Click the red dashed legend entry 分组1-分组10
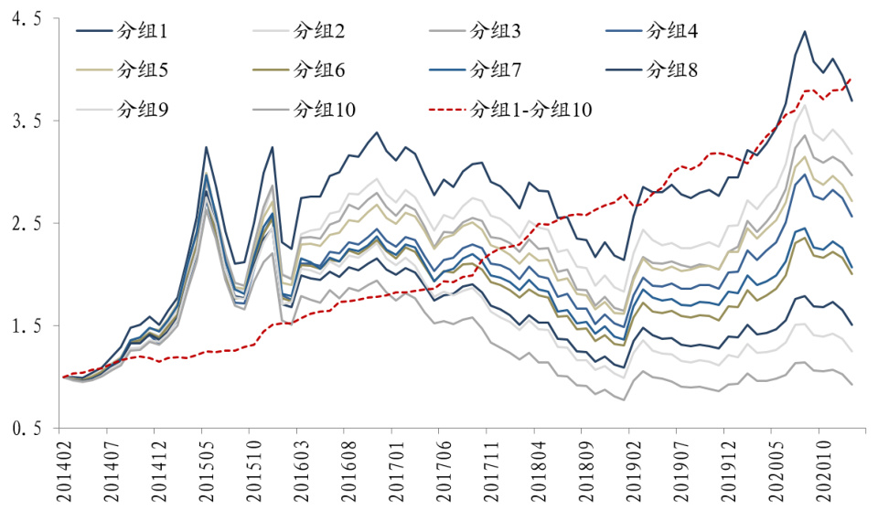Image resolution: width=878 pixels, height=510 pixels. tap(530, 109)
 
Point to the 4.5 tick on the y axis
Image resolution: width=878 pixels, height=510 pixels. tap(27, 19)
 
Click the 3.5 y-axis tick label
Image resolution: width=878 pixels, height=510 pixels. tap(27, 122)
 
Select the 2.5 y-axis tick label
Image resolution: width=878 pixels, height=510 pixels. tap(27, 224)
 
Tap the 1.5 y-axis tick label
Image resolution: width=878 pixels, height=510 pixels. tap(27, 326)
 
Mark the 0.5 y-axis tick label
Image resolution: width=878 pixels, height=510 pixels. tap(27, 429)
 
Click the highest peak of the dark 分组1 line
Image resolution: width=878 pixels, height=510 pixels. tap(805, 32)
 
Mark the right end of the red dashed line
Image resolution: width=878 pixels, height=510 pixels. tap(852, 79)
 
